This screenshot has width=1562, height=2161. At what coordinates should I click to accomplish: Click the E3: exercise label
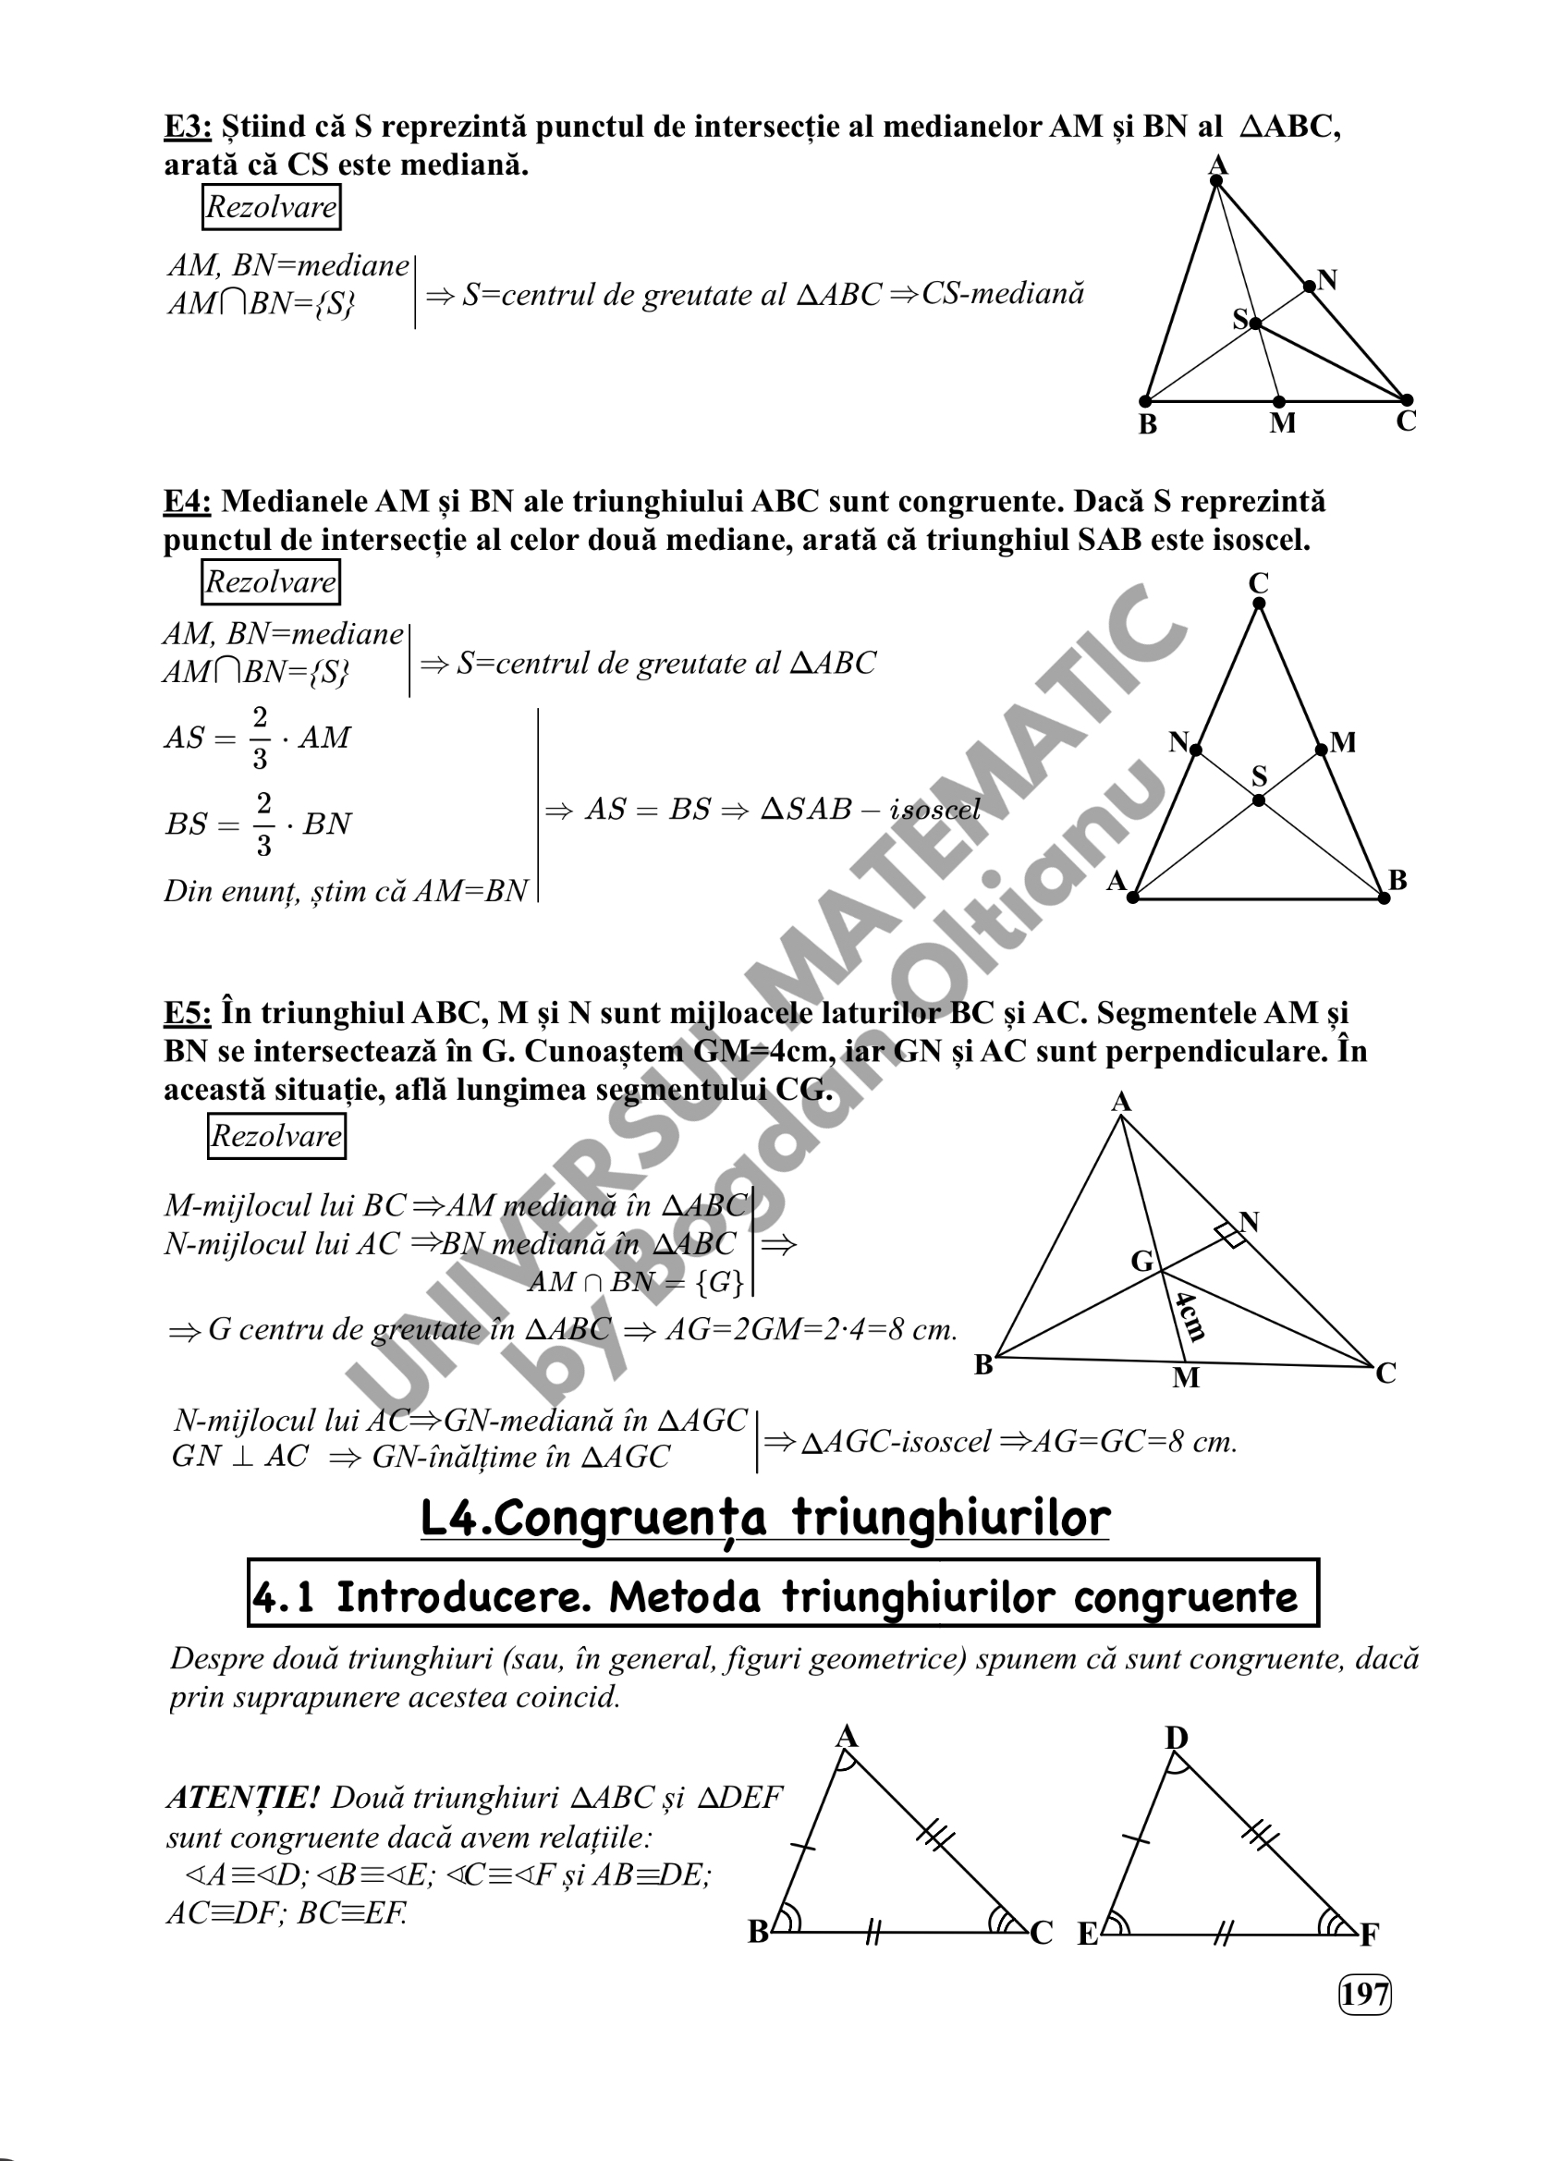pos(187,126)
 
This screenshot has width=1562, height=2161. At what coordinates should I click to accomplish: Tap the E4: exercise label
pos(187,501)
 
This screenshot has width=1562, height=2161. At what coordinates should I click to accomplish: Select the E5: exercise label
pos(187,1012)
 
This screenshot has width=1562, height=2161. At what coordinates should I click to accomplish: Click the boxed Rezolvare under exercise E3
pos(272,207)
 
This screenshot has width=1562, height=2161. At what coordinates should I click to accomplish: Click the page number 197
pos(1365,1994)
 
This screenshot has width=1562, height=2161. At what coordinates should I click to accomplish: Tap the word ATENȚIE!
pos(242,1797)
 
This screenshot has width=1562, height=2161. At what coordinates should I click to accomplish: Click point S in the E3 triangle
pos(1255,324)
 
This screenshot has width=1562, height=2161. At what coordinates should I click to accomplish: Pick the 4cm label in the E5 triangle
pos(1191,1316)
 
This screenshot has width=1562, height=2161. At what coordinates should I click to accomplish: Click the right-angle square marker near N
pos(1229,1236)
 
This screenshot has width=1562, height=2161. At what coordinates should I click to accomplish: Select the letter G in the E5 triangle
pos(1141,1262)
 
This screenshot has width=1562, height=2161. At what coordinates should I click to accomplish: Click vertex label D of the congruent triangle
pos(1177,1738)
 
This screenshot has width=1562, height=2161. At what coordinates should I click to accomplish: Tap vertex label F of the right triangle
pos(1370,1935)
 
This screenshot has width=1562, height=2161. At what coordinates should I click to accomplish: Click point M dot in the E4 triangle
pos(1321,750)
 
